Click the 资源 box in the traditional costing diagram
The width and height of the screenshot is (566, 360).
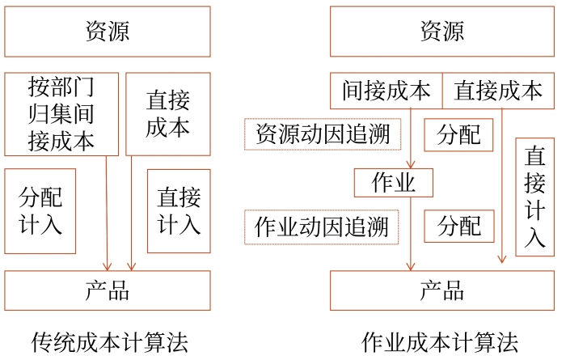point(108,32)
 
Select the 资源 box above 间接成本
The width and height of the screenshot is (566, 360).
point(442,32)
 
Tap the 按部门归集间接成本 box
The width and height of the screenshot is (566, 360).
point(61,114)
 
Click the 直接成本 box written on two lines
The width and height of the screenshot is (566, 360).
point(168,114)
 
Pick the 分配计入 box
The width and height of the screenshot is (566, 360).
point(40,211)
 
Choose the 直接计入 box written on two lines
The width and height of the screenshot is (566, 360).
point(179,211)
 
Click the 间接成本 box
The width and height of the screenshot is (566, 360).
point(386,91)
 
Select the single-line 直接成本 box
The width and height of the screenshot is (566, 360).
point(498,91)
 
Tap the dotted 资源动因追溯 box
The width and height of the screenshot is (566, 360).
point(323,134)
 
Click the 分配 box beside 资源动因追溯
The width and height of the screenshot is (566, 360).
point(459,134)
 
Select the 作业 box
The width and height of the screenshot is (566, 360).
point(393,183)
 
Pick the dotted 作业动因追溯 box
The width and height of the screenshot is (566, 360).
point(323,227)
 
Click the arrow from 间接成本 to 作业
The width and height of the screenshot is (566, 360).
point(411,138)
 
